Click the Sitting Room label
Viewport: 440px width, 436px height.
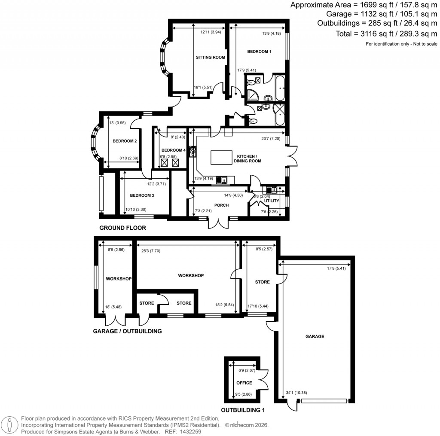pos(211,57)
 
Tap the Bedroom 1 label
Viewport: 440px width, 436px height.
pos(259,52)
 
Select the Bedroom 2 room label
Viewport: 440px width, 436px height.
pos(125,141)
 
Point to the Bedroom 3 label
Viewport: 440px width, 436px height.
pos(142,195)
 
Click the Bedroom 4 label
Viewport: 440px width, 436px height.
pos(173,150)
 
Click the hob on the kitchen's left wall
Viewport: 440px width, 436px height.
pos(192,152)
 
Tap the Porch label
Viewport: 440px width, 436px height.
pos(221,205)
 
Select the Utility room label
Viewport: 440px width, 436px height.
pos(272,201)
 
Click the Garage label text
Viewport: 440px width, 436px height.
pos(315,336)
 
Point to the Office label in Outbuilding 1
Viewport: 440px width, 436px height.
pos(244,382)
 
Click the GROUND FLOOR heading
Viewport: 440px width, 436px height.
pos(122,228)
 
